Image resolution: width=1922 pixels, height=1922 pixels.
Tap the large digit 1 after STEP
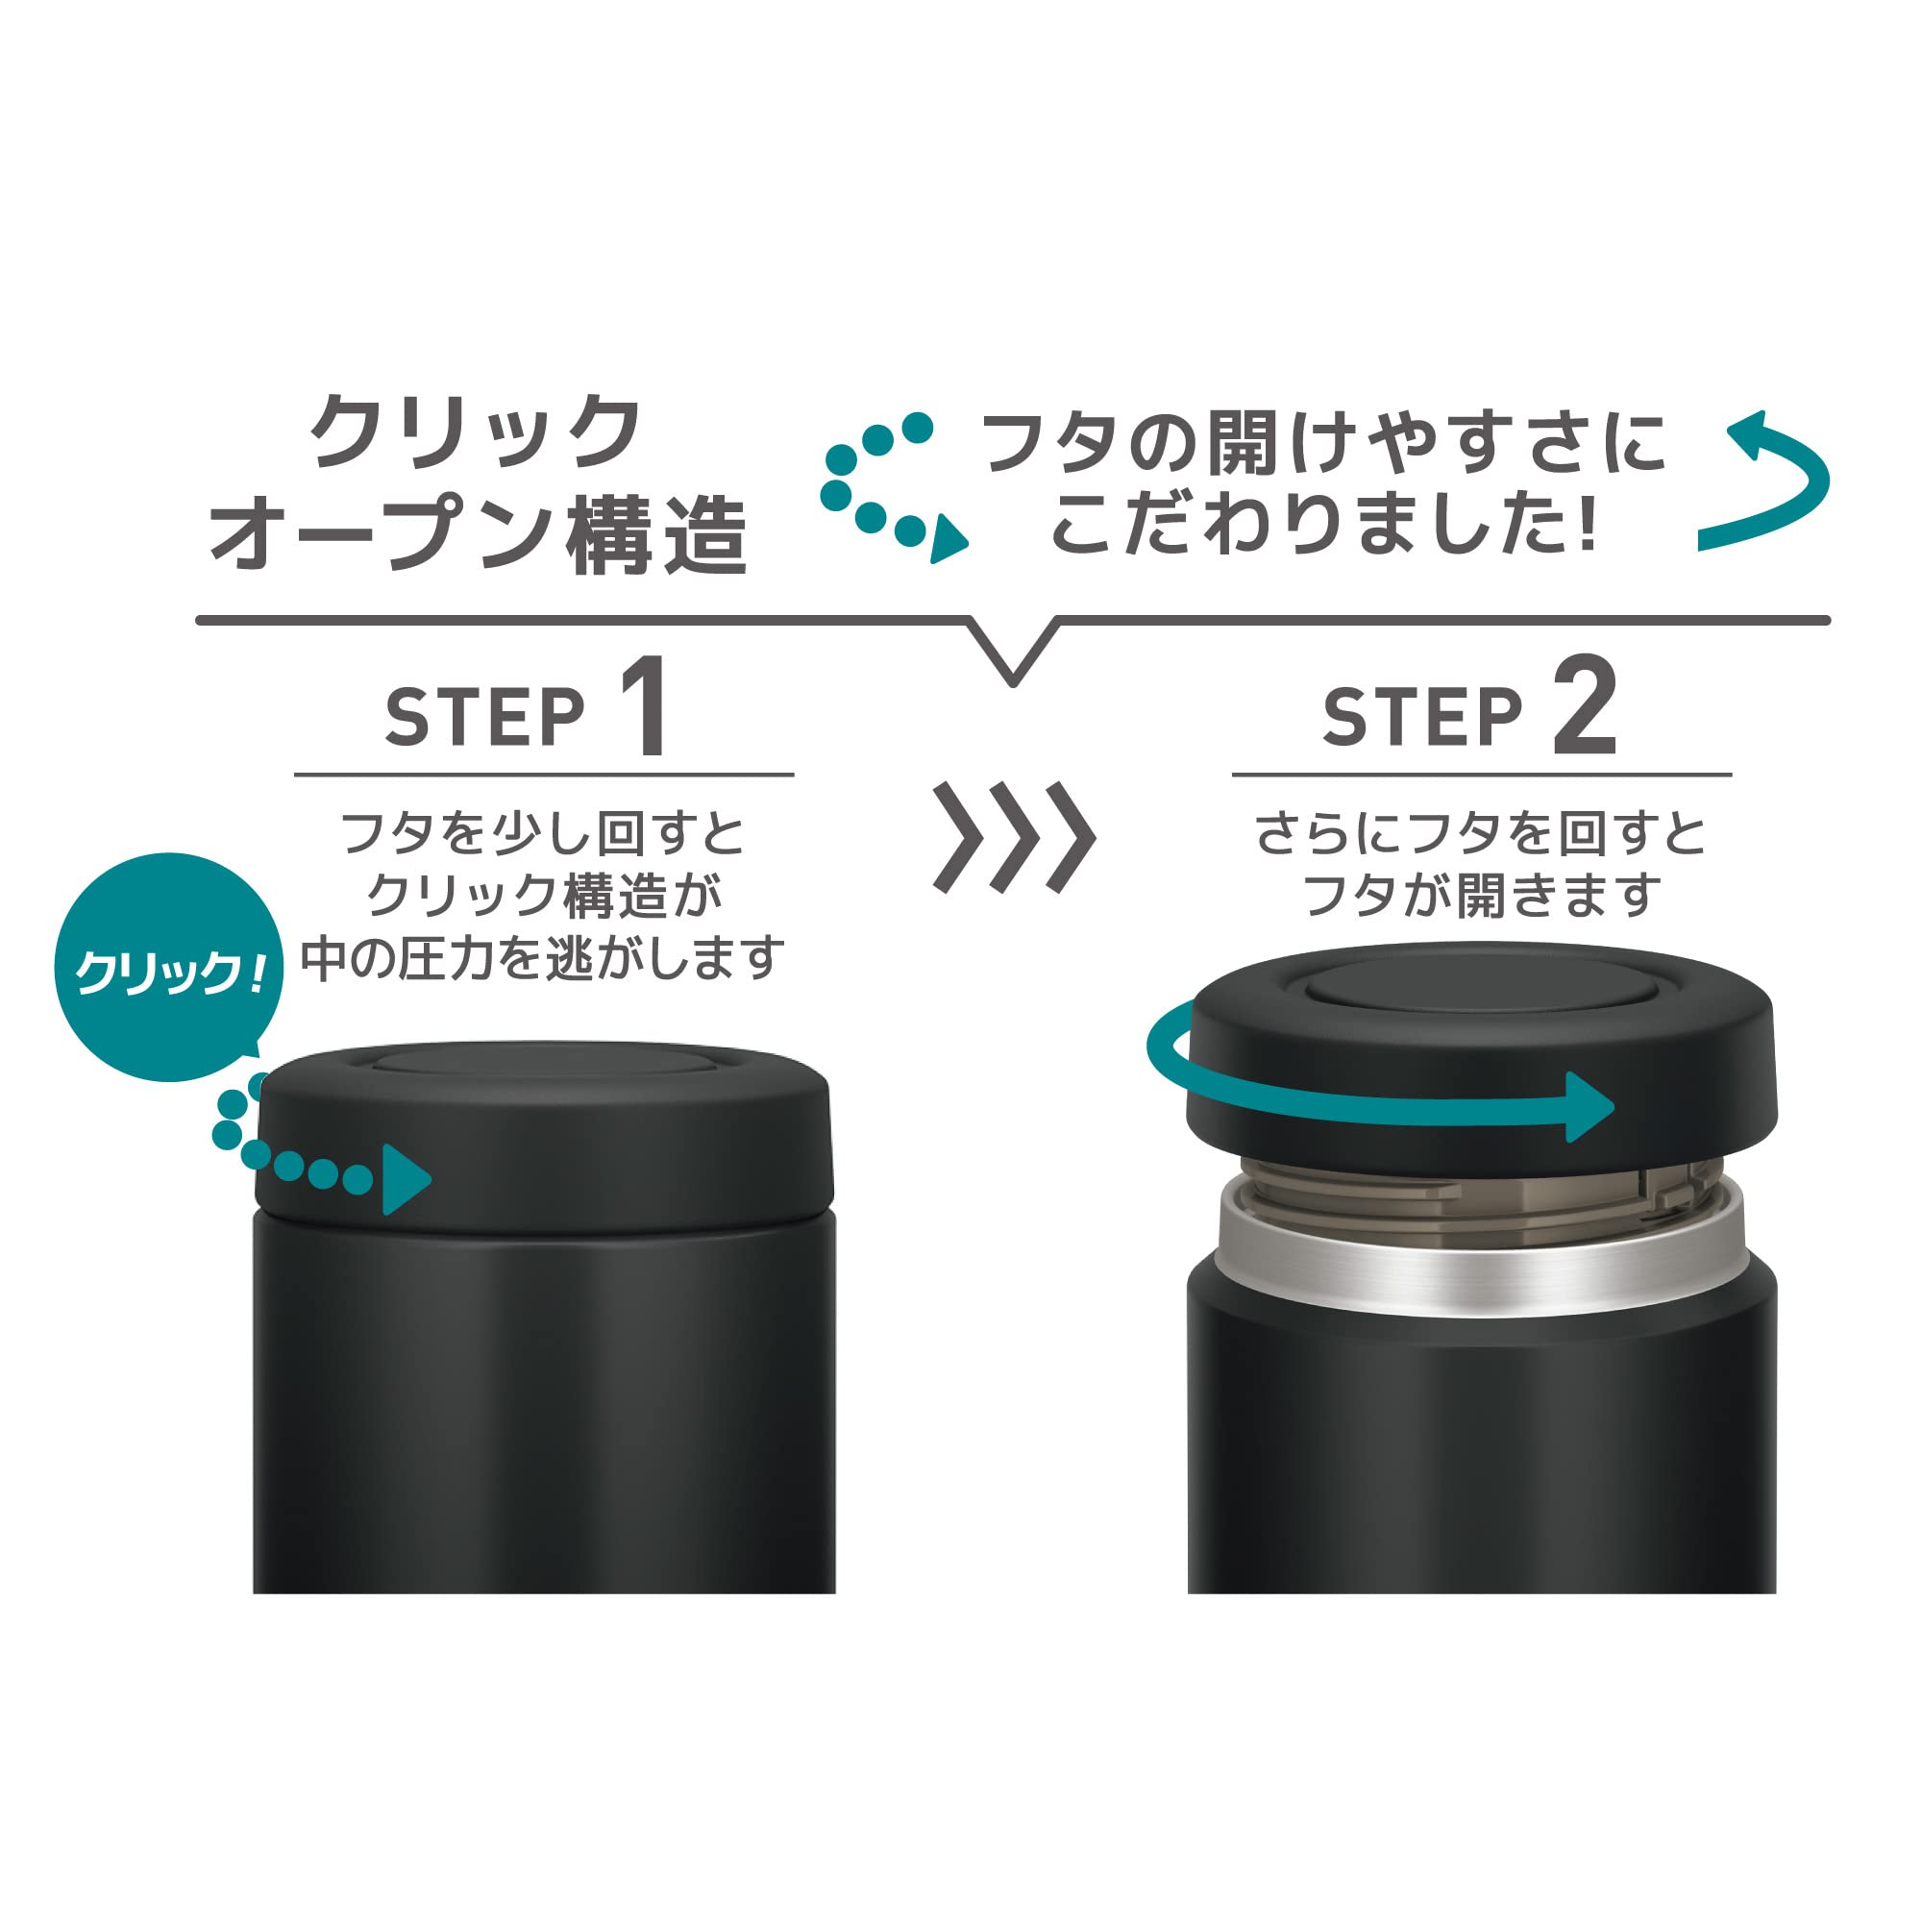tap(646, 705)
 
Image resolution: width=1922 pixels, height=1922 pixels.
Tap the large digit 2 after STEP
tap(1586, 705)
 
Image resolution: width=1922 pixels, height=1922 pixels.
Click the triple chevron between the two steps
tap(1014, 838)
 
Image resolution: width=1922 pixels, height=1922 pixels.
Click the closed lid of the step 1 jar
tap(543, 1139)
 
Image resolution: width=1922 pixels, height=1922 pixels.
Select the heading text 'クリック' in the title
tap(477, 431)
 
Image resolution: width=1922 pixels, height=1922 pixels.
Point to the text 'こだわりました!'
tap(1324, 525)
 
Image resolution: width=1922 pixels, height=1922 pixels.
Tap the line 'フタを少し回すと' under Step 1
tap(543, 832)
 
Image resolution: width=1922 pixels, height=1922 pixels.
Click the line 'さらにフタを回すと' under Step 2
tap(1481, 832)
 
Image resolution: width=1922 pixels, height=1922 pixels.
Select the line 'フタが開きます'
tap(1481, 896)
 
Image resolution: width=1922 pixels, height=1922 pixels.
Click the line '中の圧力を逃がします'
tap(543, 958)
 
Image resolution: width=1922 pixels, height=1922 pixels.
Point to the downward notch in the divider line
tap(1013, 682)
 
